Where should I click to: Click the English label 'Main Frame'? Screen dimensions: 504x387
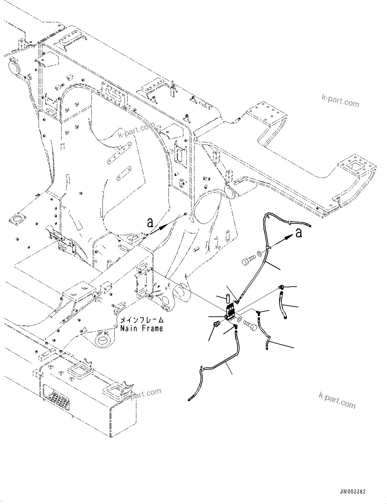(141, 328)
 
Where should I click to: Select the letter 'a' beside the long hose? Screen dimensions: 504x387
(298, 233)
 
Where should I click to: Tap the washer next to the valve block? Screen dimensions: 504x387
(239, 319)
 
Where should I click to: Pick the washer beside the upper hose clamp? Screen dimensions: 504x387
(259, 253)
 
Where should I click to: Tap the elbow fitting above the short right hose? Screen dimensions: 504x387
(281, 287)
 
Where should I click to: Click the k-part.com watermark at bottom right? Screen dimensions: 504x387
(337, 400)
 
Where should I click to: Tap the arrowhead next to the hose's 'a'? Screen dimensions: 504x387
(288, 237)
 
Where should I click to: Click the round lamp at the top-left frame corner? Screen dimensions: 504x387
(14, 66)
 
